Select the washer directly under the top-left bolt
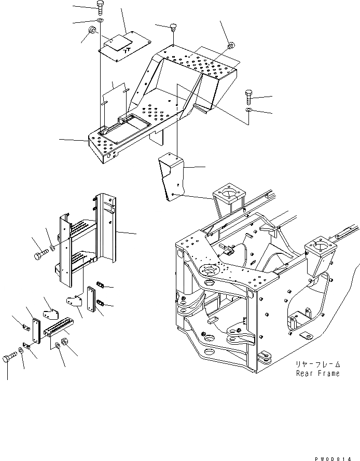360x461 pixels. pos(99,20)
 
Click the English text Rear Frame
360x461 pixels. pos(318,373)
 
